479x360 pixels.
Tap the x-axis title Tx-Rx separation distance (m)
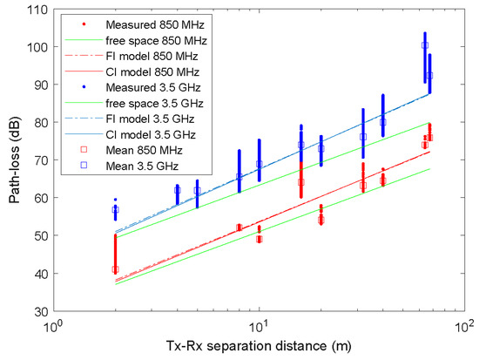pyautogui.click(x=259, y=348)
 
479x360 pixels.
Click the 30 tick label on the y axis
pyautogui.click(x=39, y=311)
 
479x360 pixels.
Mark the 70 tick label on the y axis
pyautogui.click(x=39, y=160)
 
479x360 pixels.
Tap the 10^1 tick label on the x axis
pyautogui.click(x=259, y=326)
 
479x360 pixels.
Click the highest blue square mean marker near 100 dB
pyautogui.click(x=425, y=45)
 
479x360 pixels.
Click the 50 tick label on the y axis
pyautogui.click(x=39, y=235)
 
